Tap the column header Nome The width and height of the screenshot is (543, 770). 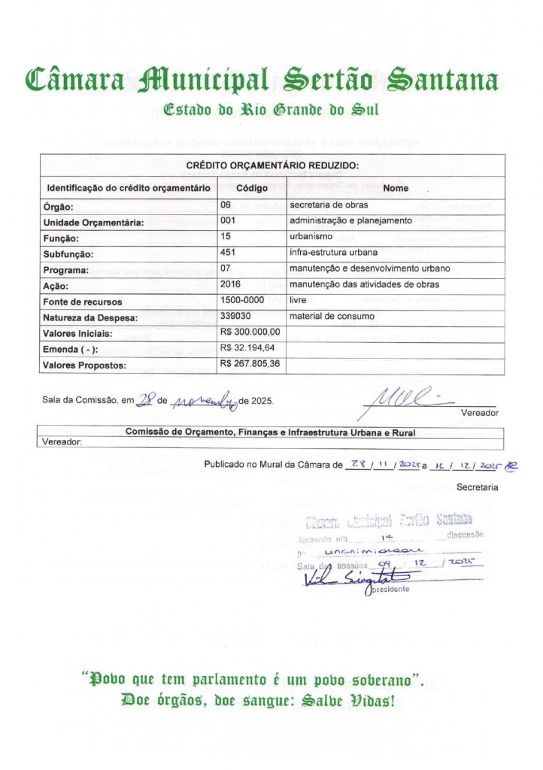pyautogui.click(x=396, y=188)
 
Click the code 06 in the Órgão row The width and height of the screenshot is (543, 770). pyautogui.click(x=225, y=205)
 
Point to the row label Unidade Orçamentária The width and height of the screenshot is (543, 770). pyautogui.click(x=93, y=223)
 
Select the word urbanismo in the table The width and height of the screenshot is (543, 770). pyautogui.click(x=312, y=237)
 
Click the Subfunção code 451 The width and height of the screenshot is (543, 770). pyautogui.click(x=228, y=253)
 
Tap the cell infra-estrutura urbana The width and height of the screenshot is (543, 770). pyautogui.click(x=332, y=253)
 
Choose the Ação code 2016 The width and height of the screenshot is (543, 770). pyautogui.click(x=230, y=284)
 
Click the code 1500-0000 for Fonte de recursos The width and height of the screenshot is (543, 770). pyautogui.click(x=242, y=300)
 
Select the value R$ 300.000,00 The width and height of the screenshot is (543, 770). pyautogui.click(x=250, y=332)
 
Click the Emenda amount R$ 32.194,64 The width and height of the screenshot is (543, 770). pyautogui.click(x=247, y=348)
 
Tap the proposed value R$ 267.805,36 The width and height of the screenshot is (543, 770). pyautogui.click(x=250, y=364)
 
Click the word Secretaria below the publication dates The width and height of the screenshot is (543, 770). pyautogui.click(x=477, y=487)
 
